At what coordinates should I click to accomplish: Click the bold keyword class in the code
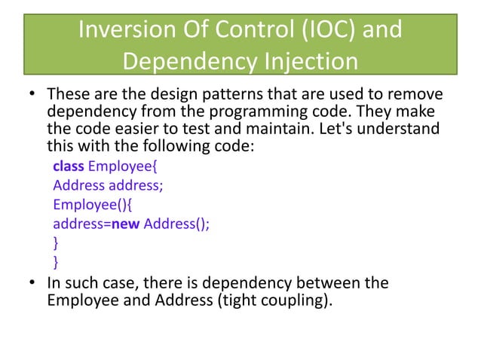(x=69, y=165)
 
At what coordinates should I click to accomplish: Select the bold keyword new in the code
(x=126, y=224)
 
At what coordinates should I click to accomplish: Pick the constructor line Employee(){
(x=88, y=204)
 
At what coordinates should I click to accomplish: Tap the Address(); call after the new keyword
(x=176, y=224)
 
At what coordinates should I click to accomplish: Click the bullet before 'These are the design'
(x=32, y=97)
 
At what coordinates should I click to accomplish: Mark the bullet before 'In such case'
(x=32, y=284)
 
